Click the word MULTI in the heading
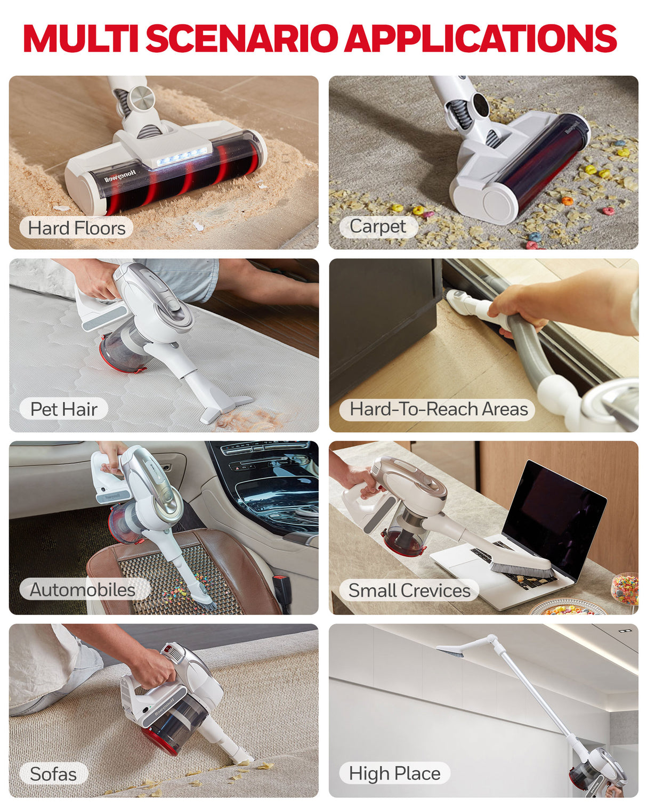pyautogui.click(x=80, y=38)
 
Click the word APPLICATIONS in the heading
pyautogui.click(x=482, y=38)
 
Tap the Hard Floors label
pyautogui.click(x=76, y=228)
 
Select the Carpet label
pyautogui.click(x=378, y=226)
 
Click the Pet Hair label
pyautogui.click(x=63, y=409)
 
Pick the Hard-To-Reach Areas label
pyautogui.click(x=438, y=409)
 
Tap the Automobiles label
pyautogui.click(x=83, y=589)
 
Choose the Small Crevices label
pyautogui.click(x=409, y=590)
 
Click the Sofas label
pyautogui.click(x=53, y=774)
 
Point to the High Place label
pyautogui.click(x=394, y=773)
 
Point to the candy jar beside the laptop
pyautogui.click(x=626, y=588)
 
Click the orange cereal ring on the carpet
pyautogui.click(x=567, y=201)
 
